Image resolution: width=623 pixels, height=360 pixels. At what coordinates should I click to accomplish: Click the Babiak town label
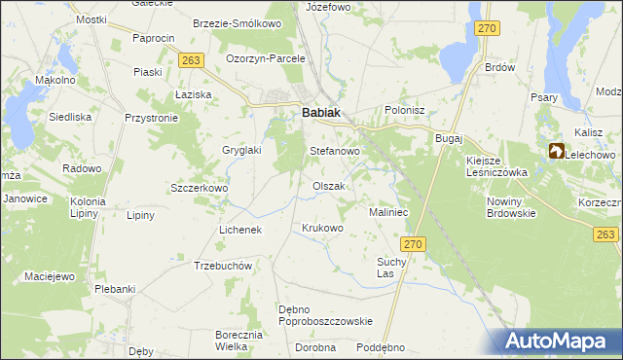321,113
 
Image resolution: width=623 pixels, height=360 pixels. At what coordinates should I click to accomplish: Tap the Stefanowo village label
335,152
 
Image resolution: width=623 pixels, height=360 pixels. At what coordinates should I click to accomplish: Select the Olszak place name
328,186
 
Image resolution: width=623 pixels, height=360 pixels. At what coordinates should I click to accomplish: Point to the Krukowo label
323,229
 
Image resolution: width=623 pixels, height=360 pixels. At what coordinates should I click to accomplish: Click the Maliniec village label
388,212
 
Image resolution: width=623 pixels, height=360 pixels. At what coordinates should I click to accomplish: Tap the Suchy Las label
391,268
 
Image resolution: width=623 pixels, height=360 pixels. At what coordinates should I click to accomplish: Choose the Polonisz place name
406,111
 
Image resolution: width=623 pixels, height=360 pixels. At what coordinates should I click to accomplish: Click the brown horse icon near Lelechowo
556,151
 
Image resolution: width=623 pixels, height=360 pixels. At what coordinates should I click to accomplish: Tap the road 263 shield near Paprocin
191,60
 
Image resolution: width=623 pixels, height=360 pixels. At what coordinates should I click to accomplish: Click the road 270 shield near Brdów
488,28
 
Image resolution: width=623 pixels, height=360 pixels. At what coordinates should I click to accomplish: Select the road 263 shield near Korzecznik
605,235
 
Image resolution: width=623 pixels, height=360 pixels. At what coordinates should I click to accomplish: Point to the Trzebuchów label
224,267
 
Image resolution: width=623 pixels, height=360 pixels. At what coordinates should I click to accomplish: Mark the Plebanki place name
114,289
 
